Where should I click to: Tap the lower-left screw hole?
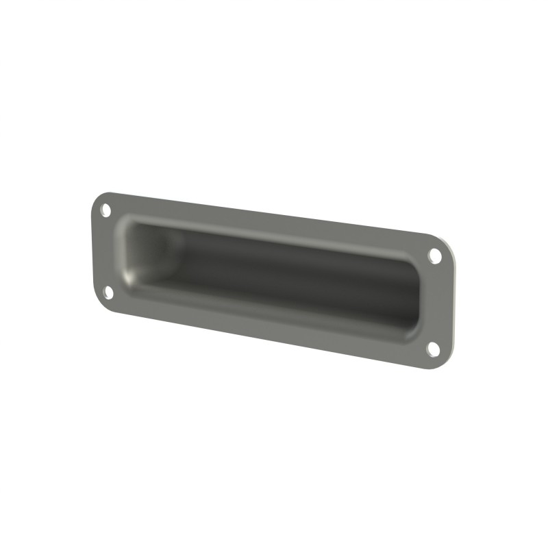point(108,292)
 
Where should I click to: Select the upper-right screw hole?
point(434,256)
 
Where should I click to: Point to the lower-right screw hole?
point(434,348)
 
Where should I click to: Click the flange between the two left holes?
point(104,251)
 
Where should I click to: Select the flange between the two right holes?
point(438,301)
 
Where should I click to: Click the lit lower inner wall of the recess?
point(274,301)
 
